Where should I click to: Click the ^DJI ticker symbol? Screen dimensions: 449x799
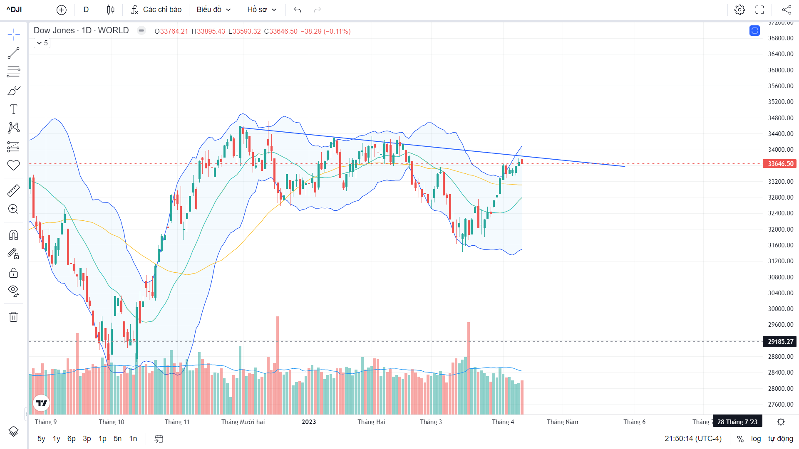point(14,10)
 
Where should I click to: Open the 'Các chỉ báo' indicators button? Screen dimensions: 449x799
point(156,10)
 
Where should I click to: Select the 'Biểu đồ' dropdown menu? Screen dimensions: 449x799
point(213,10)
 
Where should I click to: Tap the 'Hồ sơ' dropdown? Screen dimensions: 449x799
point(262,10)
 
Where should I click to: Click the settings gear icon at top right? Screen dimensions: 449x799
point(739,10)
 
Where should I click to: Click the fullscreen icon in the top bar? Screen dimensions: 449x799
point(760,10)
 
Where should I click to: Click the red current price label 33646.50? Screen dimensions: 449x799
point(780,164)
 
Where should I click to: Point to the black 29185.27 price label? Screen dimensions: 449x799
point(780,342)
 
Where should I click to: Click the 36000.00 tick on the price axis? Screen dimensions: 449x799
point(780,70)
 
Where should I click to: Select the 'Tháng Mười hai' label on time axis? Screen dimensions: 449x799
point(243,422)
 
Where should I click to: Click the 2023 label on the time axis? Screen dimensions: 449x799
point(309,422)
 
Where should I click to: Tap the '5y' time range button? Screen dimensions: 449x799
point(41,439)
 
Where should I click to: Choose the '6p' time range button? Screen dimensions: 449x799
point(72,439)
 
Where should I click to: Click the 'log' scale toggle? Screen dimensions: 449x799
point(756,439)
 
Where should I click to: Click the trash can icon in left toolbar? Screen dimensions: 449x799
point(13,317)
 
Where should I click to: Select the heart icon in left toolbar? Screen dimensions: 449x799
point(13,165)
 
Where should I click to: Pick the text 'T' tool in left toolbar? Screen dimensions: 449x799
point(13,109)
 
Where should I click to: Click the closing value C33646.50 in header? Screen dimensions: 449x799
point(281,32)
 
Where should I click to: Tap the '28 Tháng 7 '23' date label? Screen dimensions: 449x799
point(737,422)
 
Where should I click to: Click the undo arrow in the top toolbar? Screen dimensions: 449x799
point(297,10)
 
